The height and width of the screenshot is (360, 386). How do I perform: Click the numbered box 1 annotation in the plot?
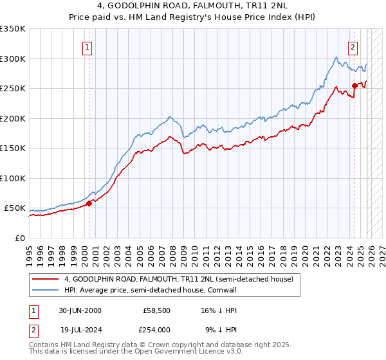tap(87, 46)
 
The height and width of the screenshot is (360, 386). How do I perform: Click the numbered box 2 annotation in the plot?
tap(353, 46)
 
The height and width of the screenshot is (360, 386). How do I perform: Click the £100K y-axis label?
tap(13, 178)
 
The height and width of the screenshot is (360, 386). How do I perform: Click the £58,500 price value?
tap(156, 310)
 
